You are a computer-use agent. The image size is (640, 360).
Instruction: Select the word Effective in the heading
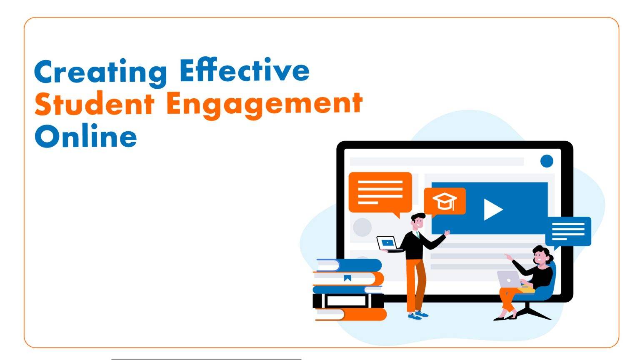[x=245, y=70]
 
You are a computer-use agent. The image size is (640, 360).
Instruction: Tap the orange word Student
[x=95, y=103]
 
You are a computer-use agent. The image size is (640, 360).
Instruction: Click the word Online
[x=86, y=136]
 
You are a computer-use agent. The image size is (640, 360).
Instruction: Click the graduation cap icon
[x=445, y=201]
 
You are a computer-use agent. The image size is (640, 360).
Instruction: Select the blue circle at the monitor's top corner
[x=547, y=161]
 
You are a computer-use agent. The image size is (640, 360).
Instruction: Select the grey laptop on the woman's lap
[x=509, y=279]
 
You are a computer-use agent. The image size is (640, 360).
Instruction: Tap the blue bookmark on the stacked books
[x=347, y=278]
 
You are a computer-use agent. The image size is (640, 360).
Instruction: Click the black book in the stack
[x=348, y=301]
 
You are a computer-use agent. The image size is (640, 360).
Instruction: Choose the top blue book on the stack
[x=349, y=265]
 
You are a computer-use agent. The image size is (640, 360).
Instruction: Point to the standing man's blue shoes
[x=418, y=315]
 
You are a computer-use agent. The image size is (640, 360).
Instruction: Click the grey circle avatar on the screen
[x=362, y=227]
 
